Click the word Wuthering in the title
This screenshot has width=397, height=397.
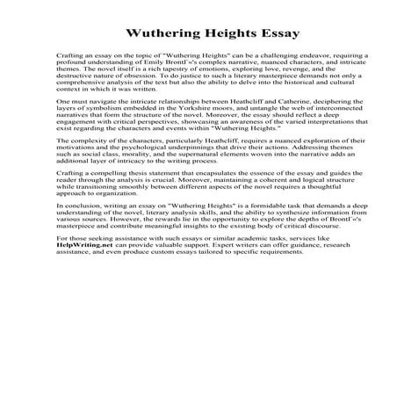pos(165,36)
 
